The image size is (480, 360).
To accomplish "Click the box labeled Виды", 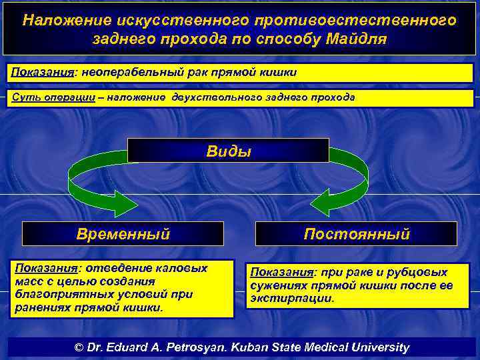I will coord(229,151).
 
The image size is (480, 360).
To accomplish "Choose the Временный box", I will coord(123,234).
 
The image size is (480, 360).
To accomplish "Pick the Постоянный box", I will coord(356,234).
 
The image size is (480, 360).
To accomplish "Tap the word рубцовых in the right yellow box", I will coord(422,272).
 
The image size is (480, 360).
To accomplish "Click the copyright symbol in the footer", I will coord(79,347).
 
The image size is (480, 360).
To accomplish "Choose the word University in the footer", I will coord(378,347).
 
